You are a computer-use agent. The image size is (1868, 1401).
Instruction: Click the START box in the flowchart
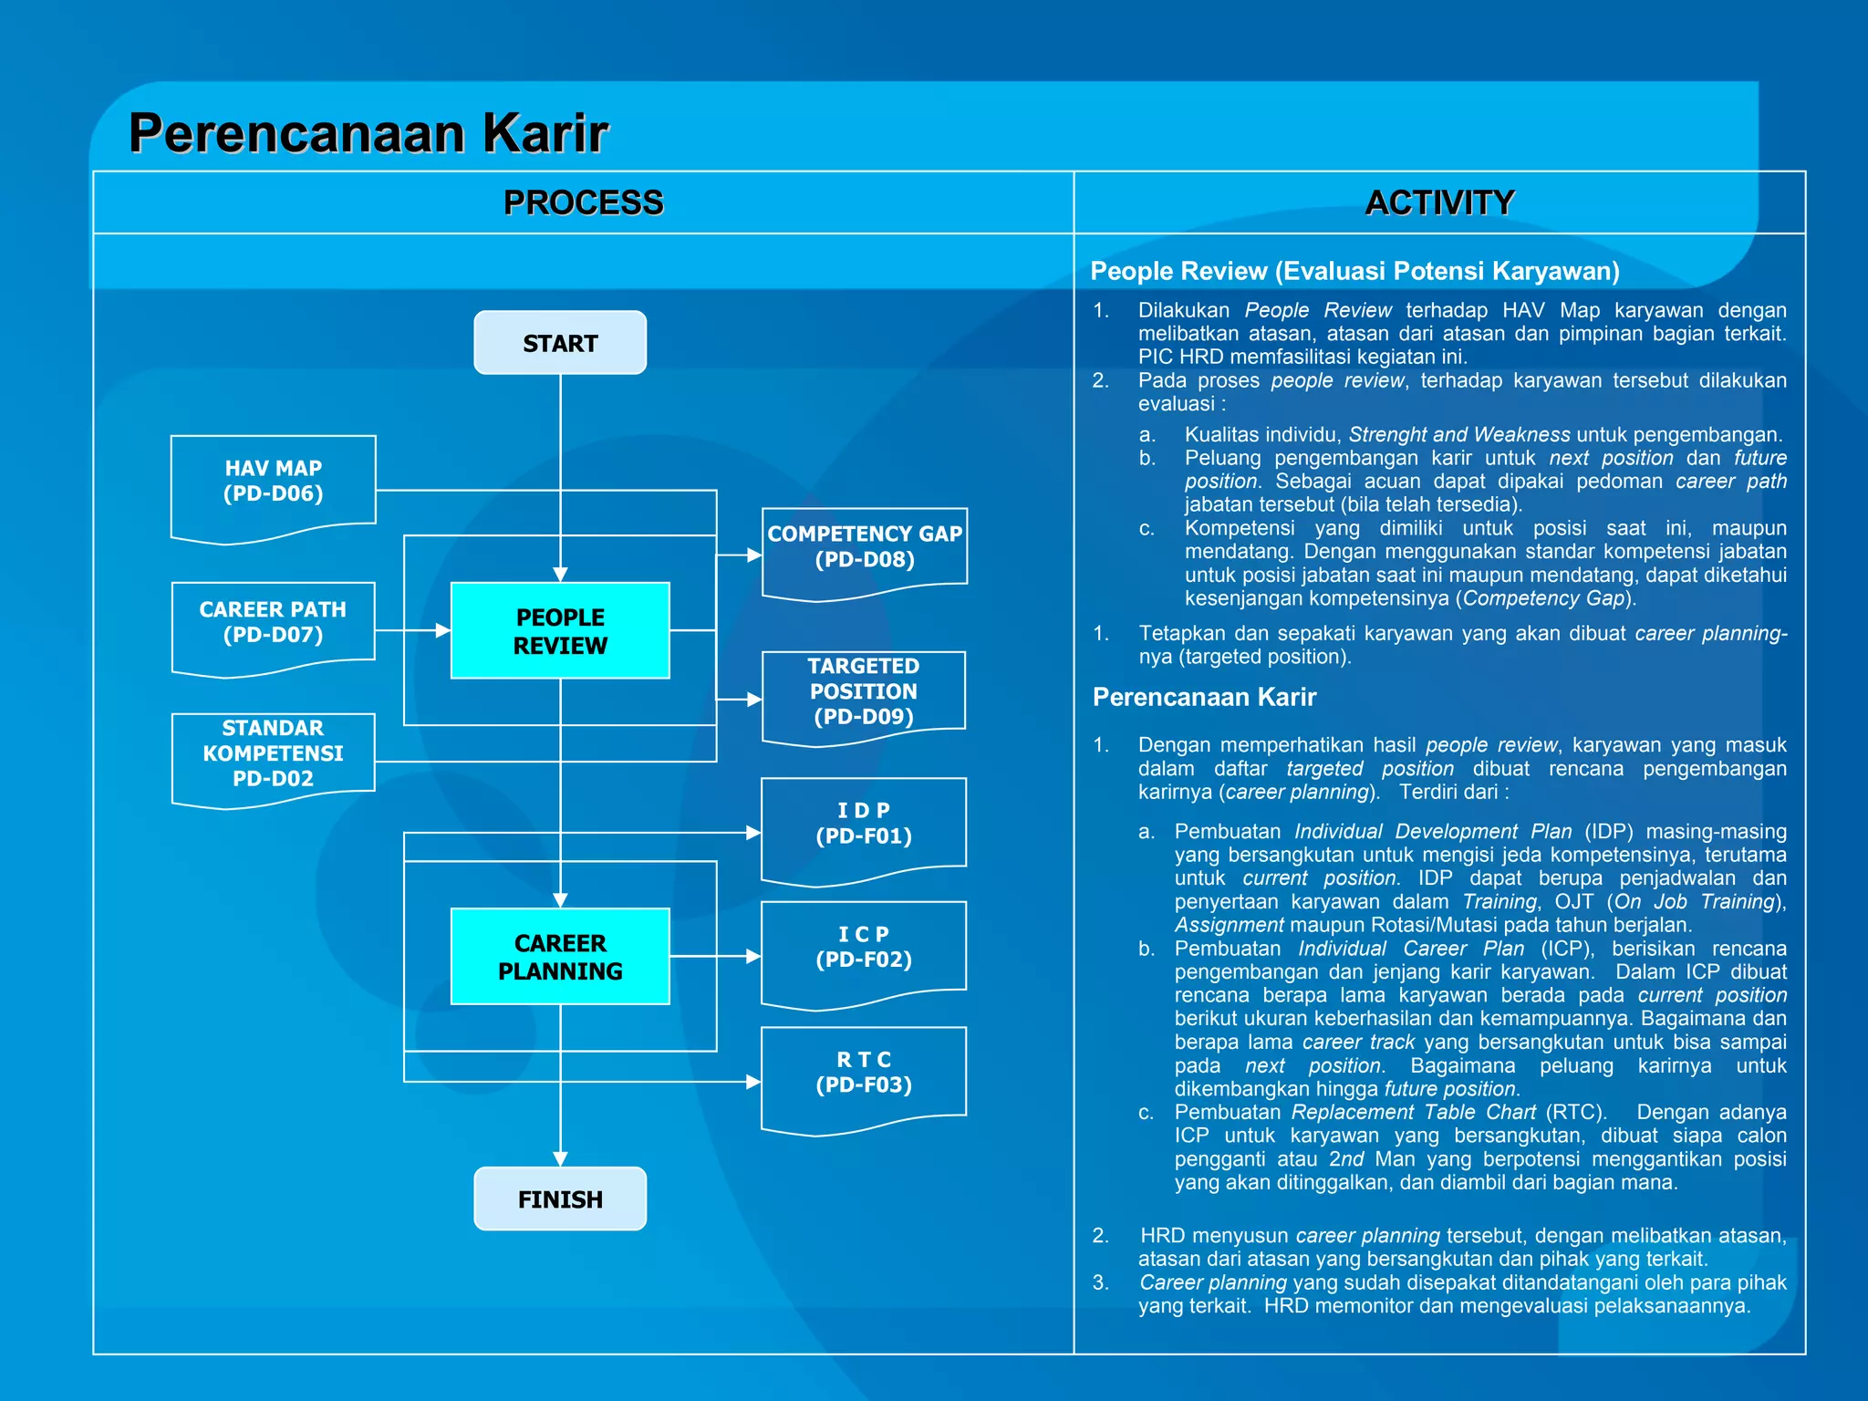pos(560,343)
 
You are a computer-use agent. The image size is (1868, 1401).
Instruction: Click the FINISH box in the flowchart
pos(560,1199)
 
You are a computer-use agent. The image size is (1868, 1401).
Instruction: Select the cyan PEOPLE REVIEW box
pos(560,630)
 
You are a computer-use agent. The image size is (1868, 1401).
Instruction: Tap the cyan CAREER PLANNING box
pos(560,956)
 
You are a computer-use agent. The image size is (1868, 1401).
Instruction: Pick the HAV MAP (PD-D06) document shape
pos(273,483)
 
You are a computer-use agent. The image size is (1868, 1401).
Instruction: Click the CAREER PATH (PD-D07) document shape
pos(273,624)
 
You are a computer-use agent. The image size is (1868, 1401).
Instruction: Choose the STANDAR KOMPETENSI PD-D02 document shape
pos(273,755)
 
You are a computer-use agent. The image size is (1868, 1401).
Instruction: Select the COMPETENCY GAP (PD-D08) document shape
pos(864,548)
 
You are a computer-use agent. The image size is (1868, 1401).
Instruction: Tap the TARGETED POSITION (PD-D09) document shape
pos(863,693)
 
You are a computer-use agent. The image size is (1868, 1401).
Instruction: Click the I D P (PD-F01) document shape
pos(863,825)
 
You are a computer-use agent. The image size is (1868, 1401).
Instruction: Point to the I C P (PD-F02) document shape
pos(863,949)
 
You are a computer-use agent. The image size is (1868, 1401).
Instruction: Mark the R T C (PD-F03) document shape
pos(863,1074)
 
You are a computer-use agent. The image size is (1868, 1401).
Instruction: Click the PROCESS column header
pos(583,202)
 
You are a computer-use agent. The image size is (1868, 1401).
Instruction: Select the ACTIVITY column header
pos(1439,202)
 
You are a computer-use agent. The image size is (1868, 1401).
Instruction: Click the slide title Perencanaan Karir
pos(368,133)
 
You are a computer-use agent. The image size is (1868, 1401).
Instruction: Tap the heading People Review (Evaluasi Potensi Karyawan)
pos(1354,271)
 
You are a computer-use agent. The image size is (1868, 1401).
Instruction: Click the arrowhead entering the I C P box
pos(752,956)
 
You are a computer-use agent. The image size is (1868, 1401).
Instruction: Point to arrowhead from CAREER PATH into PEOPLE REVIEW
pos(442,630)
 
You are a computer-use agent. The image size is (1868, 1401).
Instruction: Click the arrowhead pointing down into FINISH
pos(560,1158)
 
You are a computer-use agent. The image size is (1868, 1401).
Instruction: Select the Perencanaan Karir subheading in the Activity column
pos(1204,697)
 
